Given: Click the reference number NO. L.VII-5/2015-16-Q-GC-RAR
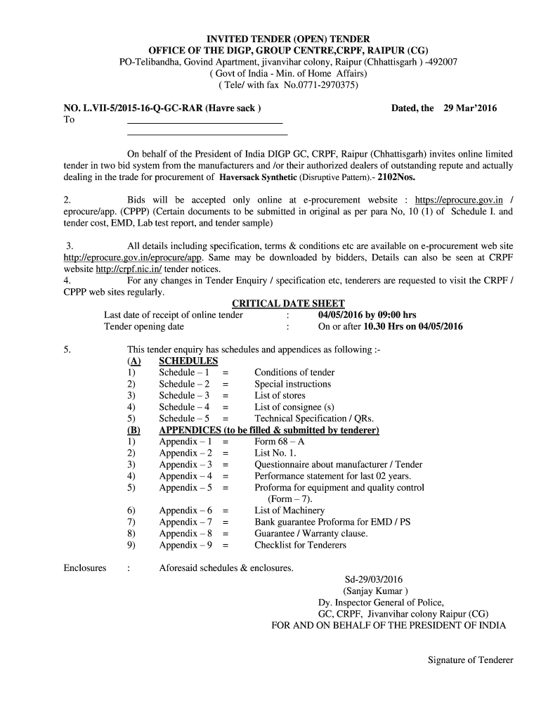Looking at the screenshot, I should (x=131, y=108).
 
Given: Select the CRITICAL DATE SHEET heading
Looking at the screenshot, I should (x=288, y=303).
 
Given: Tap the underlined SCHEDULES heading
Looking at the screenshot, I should (x=188, y=361).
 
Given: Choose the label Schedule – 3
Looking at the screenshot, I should (x=184, y=395).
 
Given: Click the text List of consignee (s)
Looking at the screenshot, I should (x=294, y=406).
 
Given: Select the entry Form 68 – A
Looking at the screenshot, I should (x=280, y=442).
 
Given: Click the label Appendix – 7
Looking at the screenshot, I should (x=185, y=522).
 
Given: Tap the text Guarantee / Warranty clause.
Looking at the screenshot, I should (x=311, y=534).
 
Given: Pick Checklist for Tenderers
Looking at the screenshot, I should (x=300, y=545).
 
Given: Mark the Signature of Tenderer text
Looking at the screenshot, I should (x=471, y=660).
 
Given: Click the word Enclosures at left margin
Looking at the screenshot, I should (x=85, y=567).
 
